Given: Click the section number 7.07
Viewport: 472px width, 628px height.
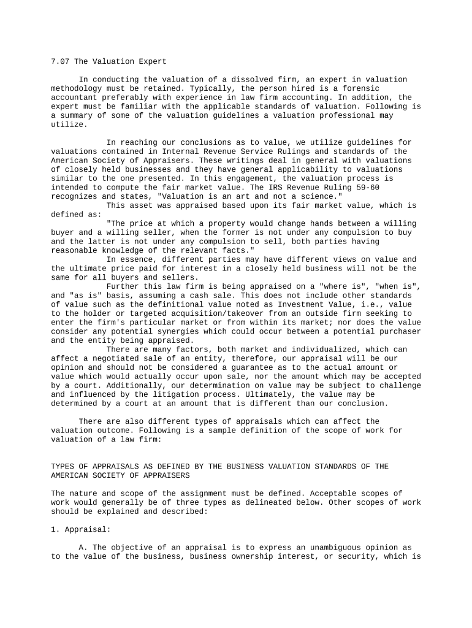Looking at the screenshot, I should tap(61, 62).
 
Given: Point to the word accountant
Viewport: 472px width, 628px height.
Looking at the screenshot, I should tap(74, 98).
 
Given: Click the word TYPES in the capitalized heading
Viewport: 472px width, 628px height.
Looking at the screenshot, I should tap(63, 467).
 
